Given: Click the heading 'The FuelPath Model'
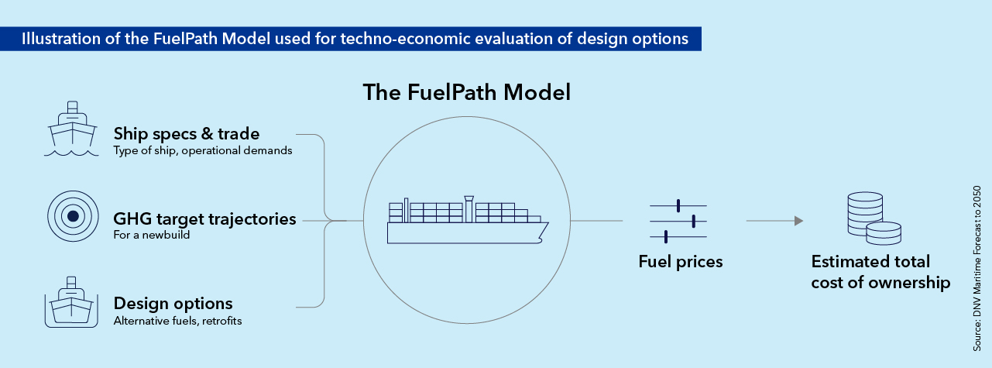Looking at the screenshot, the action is [467, 92].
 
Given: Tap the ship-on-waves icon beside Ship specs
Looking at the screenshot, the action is [71, 129].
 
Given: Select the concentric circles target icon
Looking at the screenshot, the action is [73, 216].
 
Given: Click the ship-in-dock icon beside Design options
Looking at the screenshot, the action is [71, 302].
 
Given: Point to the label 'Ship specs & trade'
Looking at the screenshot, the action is [187, 134].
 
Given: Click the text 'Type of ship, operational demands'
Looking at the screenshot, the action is [203, 150].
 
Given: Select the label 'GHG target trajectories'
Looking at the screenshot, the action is [204, 219].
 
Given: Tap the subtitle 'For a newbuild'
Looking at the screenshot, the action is [152, 235].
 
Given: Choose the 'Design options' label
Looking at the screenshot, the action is [173, 304].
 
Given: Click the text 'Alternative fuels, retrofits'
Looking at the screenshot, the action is [177, 321].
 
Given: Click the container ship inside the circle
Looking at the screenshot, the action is [468, 220].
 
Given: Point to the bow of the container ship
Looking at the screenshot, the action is [547, 224].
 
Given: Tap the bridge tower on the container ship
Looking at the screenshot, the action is [469, 209].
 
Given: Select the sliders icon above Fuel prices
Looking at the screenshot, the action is [678, 221].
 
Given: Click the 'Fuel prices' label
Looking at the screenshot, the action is [681, 262].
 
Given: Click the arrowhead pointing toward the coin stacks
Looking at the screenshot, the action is [798, 221].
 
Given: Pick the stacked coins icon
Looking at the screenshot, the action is [874, 218].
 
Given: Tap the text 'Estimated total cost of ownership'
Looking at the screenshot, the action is [880, 272].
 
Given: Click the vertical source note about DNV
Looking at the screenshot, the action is [977, 269].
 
